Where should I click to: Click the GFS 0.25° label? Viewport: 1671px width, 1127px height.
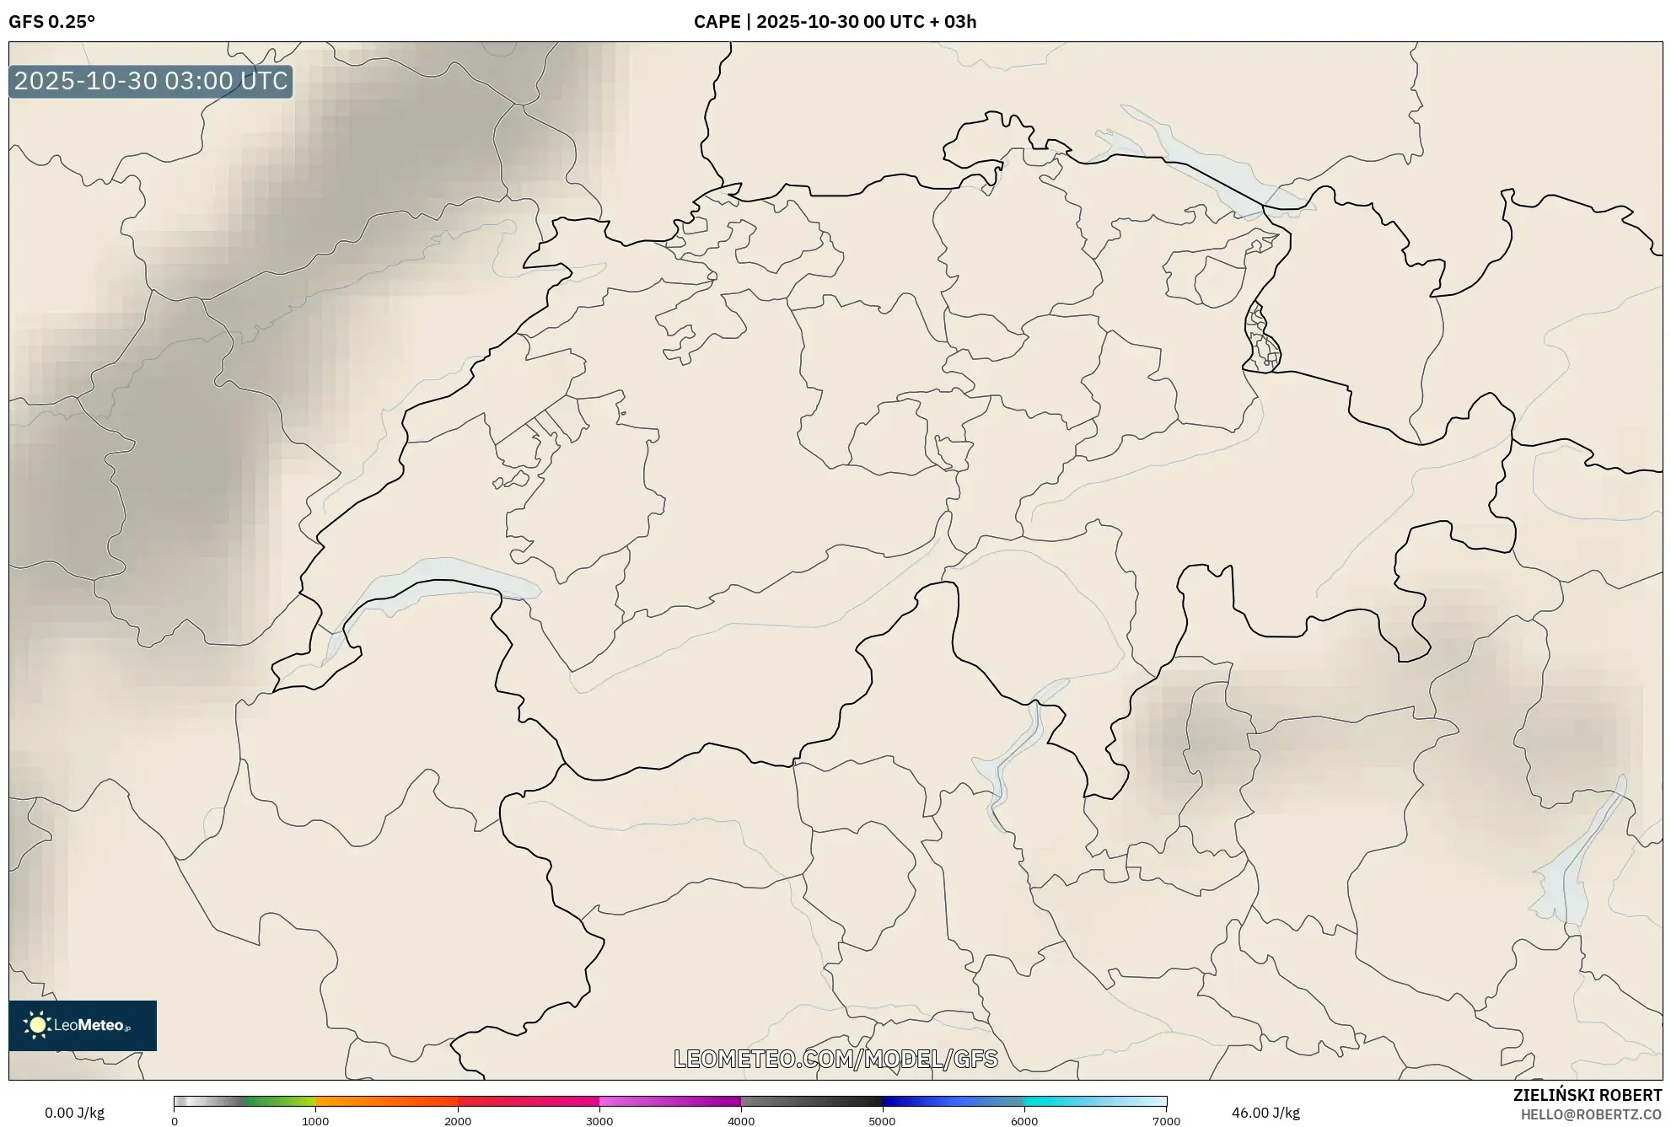pos(51,22)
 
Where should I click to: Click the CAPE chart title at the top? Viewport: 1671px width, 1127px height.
pos(835,22)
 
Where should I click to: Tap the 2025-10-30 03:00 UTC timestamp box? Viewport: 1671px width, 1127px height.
pos(151,81)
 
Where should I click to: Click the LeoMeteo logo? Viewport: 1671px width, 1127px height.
pos(83,1025)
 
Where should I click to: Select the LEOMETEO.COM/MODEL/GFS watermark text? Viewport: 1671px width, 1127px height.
pos(835,1059)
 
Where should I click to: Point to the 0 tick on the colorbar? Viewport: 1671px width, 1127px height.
pos(175,1121)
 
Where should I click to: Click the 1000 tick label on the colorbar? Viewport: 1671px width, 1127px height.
pos(315,1121)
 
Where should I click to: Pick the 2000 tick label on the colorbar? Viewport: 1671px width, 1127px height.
pos(458,1121)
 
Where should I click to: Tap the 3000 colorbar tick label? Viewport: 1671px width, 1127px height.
pos(599,1121)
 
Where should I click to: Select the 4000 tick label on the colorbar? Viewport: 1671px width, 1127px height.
pos(741,1121)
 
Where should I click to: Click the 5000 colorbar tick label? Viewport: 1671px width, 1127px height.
pos(882,1121)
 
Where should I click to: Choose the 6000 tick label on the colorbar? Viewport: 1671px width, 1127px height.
pos(1024,1121)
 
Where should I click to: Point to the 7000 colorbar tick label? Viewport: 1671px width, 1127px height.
pos(1166,1121)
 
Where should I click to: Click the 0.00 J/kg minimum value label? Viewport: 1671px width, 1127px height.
pos(74,1113)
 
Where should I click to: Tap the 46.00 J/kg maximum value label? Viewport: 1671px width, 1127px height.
pos(1265,1113)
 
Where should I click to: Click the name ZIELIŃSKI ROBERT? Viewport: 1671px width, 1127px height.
pos(1588,1095)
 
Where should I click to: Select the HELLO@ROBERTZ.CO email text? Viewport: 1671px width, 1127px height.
pos(1591,1114)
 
